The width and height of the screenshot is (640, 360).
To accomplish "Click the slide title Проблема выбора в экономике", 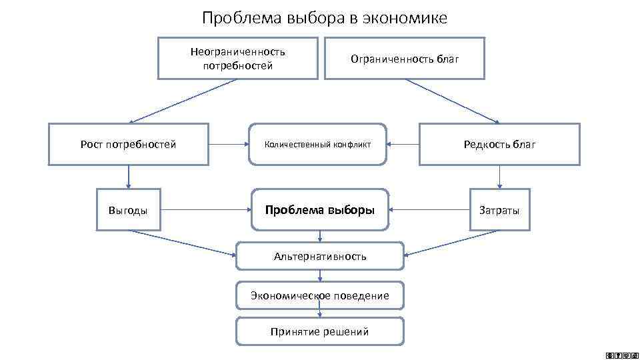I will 325,18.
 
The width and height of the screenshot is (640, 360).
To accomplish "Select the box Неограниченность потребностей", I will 237,59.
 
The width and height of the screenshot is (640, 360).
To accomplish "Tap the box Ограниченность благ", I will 405,59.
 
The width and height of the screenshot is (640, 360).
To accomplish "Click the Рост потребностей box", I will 128,144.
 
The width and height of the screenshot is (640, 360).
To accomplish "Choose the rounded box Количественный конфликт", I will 317,144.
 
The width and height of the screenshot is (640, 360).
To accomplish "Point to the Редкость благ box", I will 499,144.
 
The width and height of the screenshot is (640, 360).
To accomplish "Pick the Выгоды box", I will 128,211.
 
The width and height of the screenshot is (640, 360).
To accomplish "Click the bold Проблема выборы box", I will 320,210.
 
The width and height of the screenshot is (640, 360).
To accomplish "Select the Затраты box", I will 499,211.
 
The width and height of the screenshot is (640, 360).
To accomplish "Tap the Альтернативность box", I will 320,256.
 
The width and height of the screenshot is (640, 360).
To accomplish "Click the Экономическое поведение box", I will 320,295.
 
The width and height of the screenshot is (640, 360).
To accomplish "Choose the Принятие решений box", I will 320,331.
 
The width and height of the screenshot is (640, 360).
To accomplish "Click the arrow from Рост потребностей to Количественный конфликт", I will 229,144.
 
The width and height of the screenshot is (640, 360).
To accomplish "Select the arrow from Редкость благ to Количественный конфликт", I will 403,144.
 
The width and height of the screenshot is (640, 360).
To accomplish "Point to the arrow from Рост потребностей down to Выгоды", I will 128,177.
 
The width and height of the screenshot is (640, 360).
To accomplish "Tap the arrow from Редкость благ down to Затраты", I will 499,177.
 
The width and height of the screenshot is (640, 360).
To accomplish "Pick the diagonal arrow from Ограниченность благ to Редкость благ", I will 452,101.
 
